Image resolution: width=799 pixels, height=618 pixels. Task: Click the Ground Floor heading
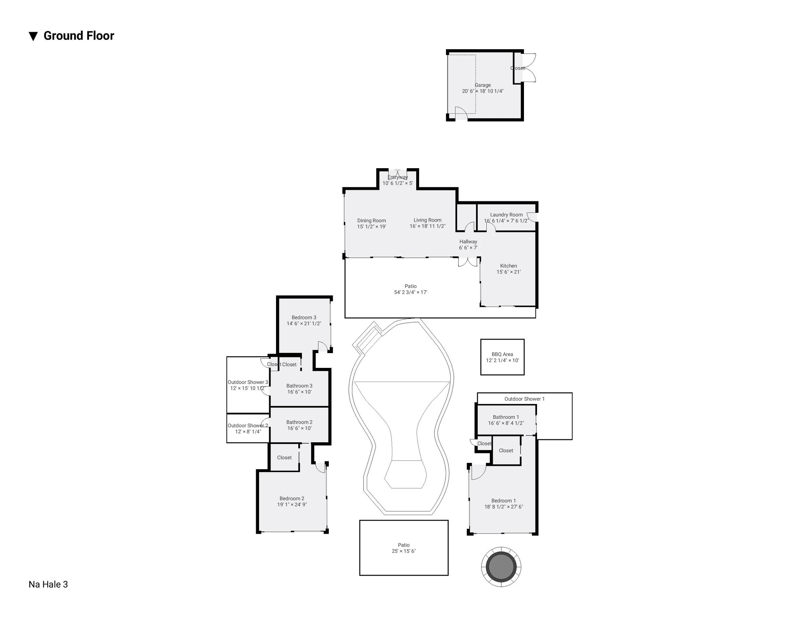click(x=79, y=36)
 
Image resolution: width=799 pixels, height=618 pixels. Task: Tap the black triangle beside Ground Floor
click(x=33, y=36)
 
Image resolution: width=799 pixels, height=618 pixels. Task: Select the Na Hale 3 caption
click(x=48, y=584)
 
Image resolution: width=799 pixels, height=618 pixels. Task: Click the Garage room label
click(x=483, y=85)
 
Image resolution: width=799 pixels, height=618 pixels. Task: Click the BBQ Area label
click(x=502, y=354)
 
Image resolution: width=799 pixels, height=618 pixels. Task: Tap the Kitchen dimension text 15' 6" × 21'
click(x=509, y=272)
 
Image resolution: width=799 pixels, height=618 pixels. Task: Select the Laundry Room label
click(x=506, y=215)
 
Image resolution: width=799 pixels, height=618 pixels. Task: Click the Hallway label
click(x=468, y=242)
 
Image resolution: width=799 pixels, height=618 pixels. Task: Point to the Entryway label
click(x=398, y=177)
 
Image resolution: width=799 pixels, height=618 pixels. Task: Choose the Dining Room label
click(x=372, y=221)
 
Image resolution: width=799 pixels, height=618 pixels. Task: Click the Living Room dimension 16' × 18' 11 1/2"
click(x=428, y=226)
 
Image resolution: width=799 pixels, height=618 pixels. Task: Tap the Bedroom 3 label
click(x=304, y=318)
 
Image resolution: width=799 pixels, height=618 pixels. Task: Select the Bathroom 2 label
click(x=299, y=422)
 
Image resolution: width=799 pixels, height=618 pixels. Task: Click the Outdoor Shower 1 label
click(x=525, y=399)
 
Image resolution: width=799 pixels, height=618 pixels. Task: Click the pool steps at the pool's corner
click(x=368, y=338)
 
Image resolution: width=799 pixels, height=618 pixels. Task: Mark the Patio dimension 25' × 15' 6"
click(x=404, y=551)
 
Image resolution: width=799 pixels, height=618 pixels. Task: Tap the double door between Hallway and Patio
click(x=468, y=262)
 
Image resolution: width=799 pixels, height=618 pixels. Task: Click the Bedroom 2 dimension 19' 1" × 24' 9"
click(x=292, y=505)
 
